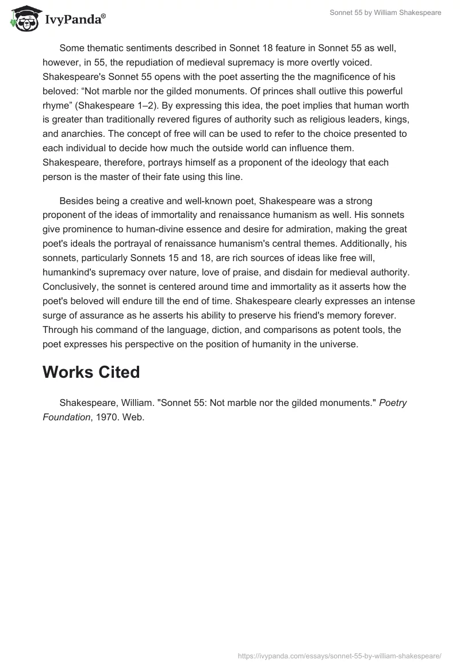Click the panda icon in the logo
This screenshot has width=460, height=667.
click(22, 20)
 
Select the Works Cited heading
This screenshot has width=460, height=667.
click(91, 372)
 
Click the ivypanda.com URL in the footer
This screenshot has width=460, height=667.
click(340, 655)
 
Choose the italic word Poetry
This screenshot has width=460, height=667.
click(393, 402)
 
